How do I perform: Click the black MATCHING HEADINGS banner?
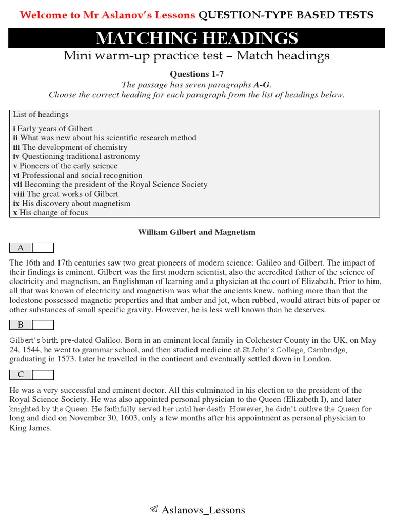196,38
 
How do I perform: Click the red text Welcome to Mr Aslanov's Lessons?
108,15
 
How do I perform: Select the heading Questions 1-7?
196,74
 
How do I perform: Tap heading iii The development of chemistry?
70,147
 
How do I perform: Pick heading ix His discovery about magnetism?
72,203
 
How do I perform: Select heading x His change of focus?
50,212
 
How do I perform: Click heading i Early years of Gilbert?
53,129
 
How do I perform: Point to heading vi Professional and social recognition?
78,175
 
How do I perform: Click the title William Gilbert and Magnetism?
196,232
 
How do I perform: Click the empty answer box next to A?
43,248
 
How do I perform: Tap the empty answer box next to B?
43,325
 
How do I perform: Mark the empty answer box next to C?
43,375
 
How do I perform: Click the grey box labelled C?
21,375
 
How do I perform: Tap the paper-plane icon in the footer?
153,509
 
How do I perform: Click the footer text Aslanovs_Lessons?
203,510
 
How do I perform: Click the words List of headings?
41,114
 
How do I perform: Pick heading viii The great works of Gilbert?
66,194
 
